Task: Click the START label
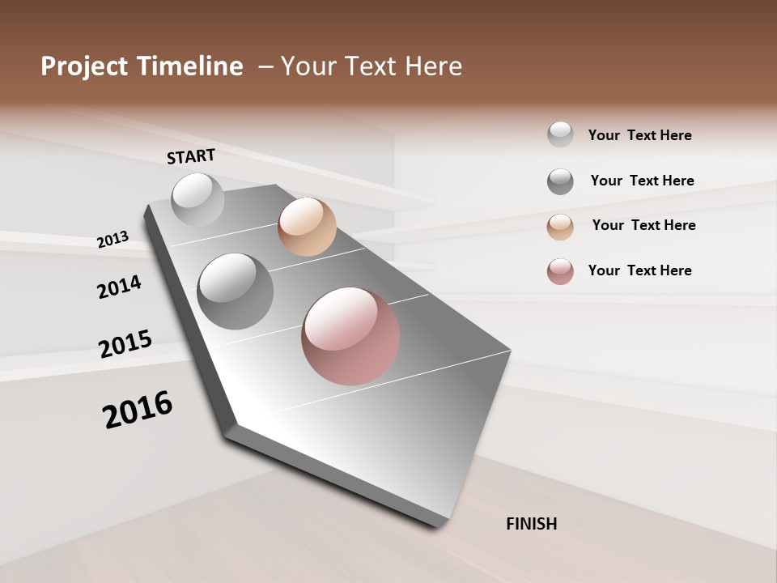click(191, 156)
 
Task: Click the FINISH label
click(532, 524)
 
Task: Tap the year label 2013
click(113, 240)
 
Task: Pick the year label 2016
click(138, 410)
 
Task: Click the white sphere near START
click(198, 199)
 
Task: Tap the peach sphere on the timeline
click(307, 227)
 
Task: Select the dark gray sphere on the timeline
click(236, 291)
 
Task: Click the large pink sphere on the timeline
click(350, 336)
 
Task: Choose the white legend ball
click(560, 134)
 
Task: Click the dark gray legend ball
click(560, 181)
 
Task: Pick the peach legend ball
click(560, 227)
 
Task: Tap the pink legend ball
click(560, 271)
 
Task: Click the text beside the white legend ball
click(639, 135)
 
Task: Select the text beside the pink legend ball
click(639, 270)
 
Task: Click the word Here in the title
click(433, 66)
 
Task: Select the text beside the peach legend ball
click(643, 225)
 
